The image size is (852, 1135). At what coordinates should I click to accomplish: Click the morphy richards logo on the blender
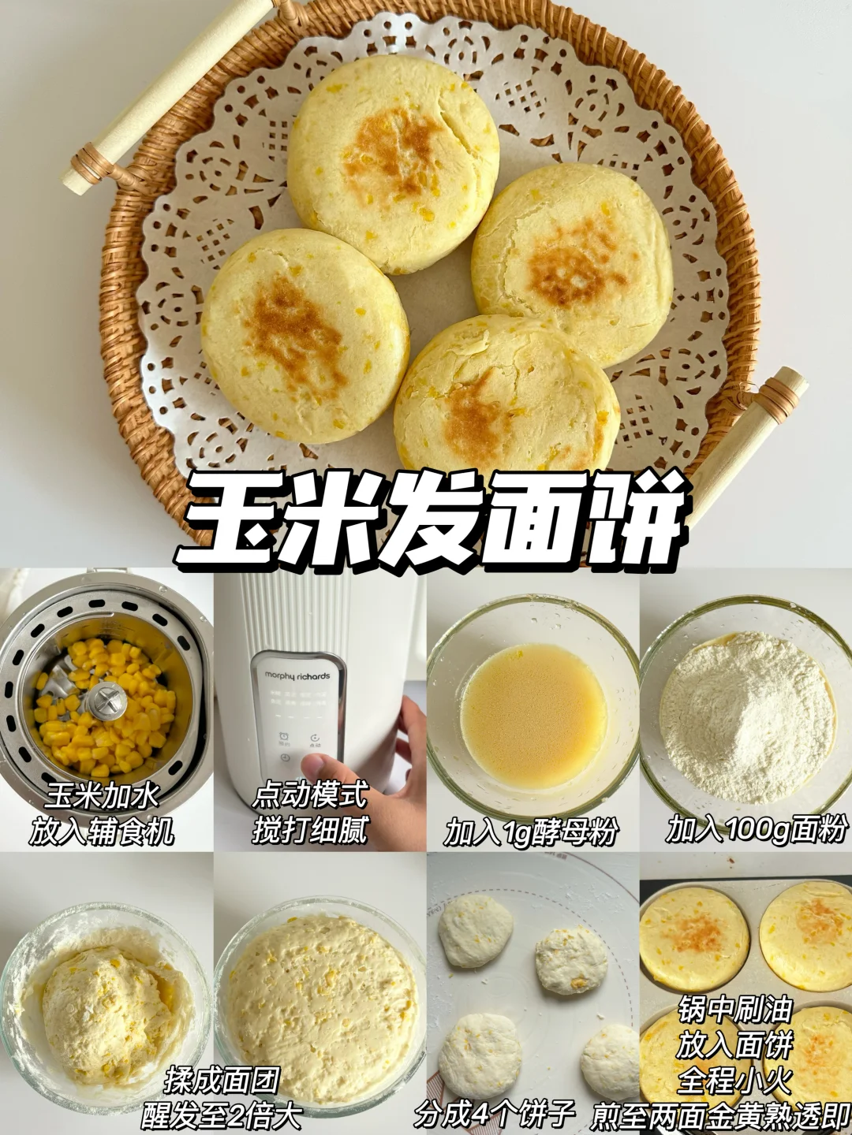(297, 675)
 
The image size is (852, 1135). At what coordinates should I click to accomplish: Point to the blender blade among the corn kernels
(106, 701)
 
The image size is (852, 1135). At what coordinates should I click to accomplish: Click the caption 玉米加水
(102, 796)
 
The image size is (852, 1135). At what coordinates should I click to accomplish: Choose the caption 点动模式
(309, 796)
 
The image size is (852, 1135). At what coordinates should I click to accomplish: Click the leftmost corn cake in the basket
(305, 336)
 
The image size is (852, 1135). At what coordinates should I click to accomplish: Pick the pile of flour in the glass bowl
(748, 719)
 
